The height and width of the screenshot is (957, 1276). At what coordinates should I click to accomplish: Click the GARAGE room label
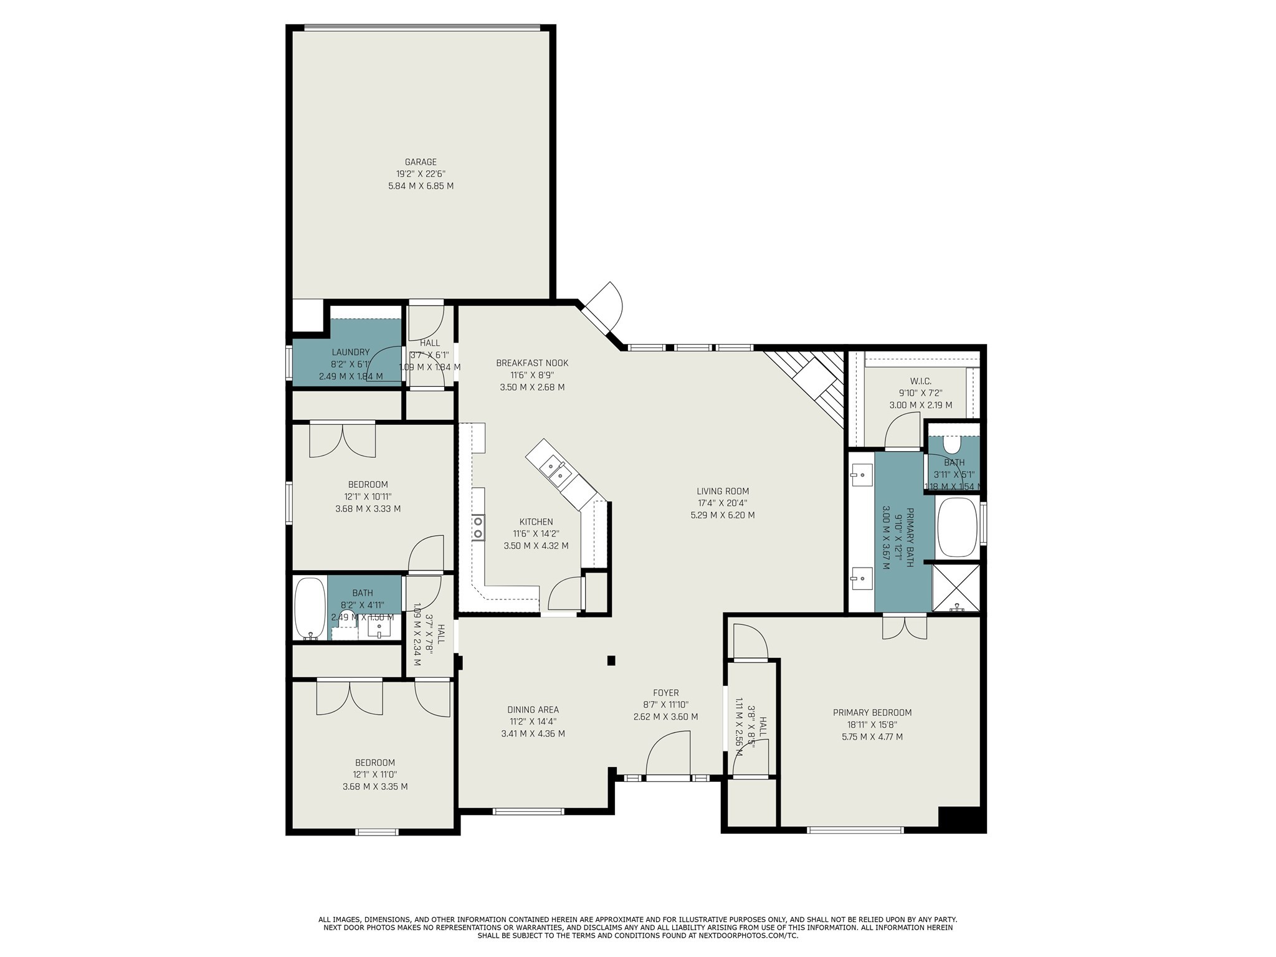pos(421,162)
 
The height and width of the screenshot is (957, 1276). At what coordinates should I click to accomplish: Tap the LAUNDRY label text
pos(350,352)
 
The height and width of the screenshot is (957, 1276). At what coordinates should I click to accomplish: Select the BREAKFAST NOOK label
pos(532,363)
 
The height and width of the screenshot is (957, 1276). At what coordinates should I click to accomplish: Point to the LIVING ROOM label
pos(723,491)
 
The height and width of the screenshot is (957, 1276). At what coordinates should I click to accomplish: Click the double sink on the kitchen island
pos(555,470)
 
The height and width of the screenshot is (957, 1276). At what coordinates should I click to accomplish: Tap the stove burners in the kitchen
pos(478,527)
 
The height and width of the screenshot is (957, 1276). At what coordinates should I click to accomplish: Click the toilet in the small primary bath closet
pos(952,444)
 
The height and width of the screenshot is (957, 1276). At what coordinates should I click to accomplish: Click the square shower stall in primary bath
pos(956,588)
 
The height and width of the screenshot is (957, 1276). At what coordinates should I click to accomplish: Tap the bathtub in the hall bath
pos(310,608)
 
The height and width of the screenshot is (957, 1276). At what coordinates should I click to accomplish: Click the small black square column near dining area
pos(612,660)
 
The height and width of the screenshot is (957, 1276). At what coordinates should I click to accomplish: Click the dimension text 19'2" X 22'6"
pos(421,174)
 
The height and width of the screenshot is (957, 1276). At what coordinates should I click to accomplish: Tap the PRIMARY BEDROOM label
pos(872,712)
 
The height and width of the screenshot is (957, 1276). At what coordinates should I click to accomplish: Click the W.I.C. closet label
pos(920,381)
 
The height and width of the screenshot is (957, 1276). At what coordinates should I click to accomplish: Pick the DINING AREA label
pos(533,709)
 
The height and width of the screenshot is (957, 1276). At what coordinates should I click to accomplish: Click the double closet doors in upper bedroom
pos(343,440)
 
